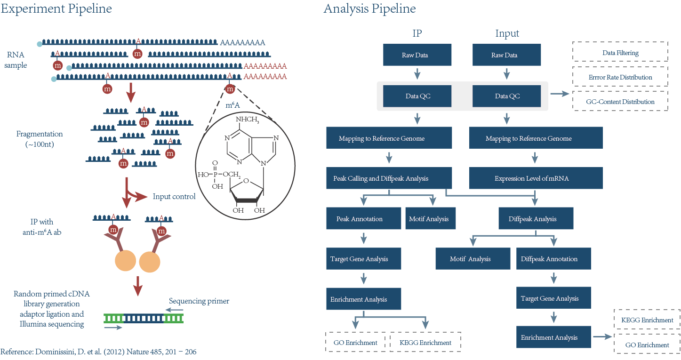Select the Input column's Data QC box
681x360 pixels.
pyautogui.click(x=506, y=96)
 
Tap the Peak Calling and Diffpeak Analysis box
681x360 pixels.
pyautogui.click(x=389, y=179)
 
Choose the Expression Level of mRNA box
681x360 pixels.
pyautogui.click(x=536, y=179)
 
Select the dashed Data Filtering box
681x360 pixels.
pyautogui.click(x=620, y=53)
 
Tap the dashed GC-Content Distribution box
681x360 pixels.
pyautogui.click(x=620, y=102)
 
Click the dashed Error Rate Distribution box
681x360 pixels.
pyautogui.click(x=620, y=77)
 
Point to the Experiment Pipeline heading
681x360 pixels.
pyautogui.click(x=56, y=8)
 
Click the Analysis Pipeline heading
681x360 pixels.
pyautogui.click(x=369, y=8)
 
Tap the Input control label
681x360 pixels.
pyautogui.click(x=174, y=196)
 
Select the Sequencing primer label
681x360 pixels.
pyautogui.click(x=199, y=301)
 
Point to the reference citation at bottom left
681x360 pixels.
pyautogui.click(x=98, y=352)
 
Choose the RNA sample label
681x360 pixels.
pyautogui.click(x=16, y=60)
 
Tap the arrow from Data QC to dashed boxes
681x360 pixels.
pyautogui.click(x=560, y=94)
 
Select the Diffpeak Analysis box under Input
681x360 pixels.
pyautogui.click(x=536, y=219)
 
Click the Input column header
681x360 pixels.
pyautogui.click(x=507, y=33)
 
